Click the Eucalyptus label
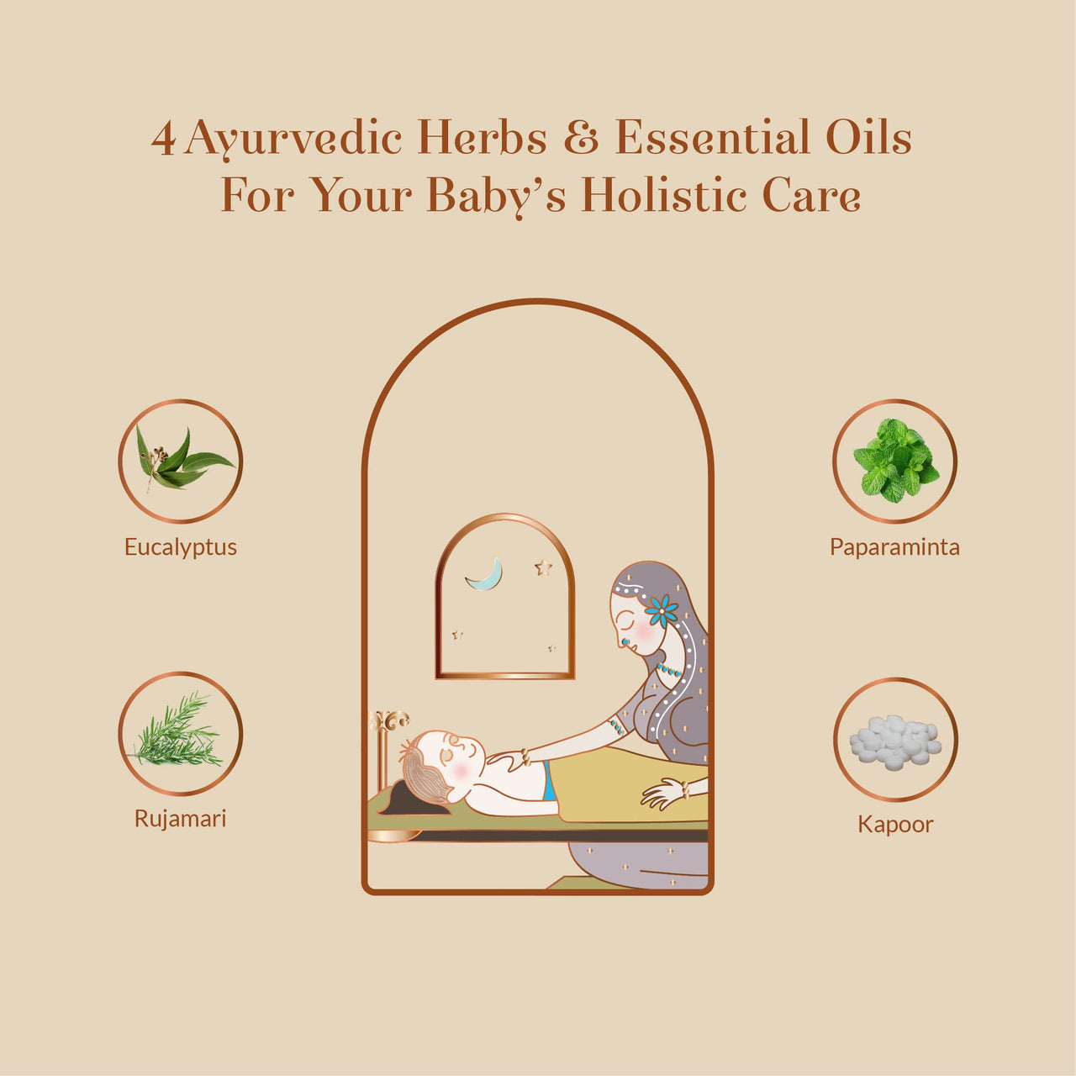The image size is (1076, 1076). (181, 547)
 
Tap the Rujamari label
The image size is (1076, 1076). (181, 819)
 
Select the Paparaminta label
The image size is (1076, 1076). (894, 547)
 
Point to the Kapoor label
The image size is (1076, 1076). (895, 824)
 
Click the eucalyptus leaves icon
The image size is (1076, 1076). (181, 461)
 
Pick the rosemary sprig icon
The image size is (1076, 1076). (179, 733)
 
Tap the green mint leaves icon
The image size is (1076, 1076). (894, 461)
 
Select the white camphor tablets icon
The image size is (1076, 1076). (895, 740)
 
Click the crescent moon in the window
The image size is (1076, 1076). (487, 574)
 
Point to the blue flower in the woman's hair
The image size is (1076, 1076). (662, 610)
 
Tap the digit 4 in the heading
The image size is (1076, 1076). (164, 139)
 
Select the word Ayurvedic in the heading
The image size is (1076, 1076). (293, 139)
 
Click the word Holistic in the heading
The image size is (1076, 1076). (664, 195)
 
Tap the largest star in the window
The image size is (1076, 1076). (544, 568)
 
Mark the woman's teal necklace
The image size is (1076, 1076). (669, 670)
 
